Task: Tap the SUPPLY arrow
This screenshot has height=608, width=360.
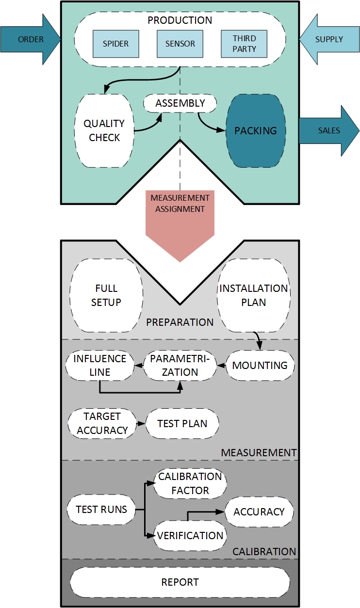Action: (x=329, y=39)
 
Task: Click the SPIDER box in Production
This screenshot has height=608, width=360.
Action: (x=116, y=44)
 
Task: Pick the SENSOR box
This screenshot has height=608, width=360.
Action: (x=180, y=44)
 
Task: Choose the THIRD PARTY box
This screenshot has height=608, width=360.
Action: (x=244, y=44)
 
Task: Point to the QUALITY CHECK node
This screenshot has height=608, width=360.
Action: (x=104, y=130)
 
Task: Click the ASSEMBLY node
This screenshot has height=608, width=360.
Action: (x=180, y=103)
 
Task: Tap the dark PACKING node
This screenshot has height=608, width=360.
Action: (x=256, y=130)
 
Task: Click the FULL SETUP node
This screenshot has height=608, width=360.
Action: (x=106, y=295)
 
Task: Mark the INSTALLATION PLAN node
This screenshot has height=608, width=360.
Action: (x=254, y=295)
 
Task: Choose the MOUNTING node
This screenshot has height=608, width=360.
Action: (x=260, y=365)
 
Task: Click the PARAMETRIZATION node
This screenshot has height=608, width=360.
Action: (x=180, y=365)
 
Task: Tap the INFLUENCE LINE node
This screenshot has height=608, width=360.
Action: (x=99, y=365)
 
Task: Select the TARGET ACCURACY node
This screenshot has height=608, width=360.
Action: (x=102, y=423)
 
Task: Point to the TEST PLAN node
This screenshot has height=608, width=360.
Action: (x=182, y=423)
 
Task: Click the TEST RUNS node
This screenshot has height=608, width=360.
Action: (x=101, y=509)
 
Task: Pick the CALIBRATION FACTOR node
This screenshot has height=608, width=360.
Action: (x=190, y=483)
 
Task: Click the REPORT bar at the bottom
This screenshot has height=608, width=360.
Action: (x=180, y=582)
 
